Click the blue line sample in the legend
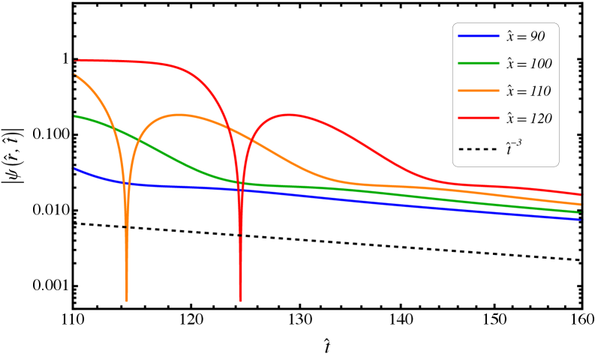click(x=479, y=36)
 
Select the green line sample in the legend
click(x=479, y=63)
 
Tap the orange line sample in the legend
click(x=479, y=91)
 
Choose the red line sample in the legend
click(x=479, y=118)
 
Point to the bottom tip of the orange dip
click(x=127, y=300)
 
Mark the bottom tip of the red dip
click(x=241, y=300)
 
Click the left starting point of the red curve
click(x=76, y=60)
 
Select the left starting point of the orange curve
click(x=75, y=75)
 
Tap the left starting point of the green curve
click(x=75, y=116)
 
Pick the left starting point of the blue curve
click(x=75, y=169)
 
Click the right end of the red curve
click(x=580, y=194)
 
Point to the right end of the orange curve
click(x=580, y=204)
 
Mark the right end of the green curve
click(x=580, y=212)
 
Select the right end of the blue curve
click(x=580, y=220)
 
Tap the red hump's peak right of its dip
click(x=290, y=115)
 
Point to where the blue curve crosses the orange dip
click(x=126, y=183)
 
